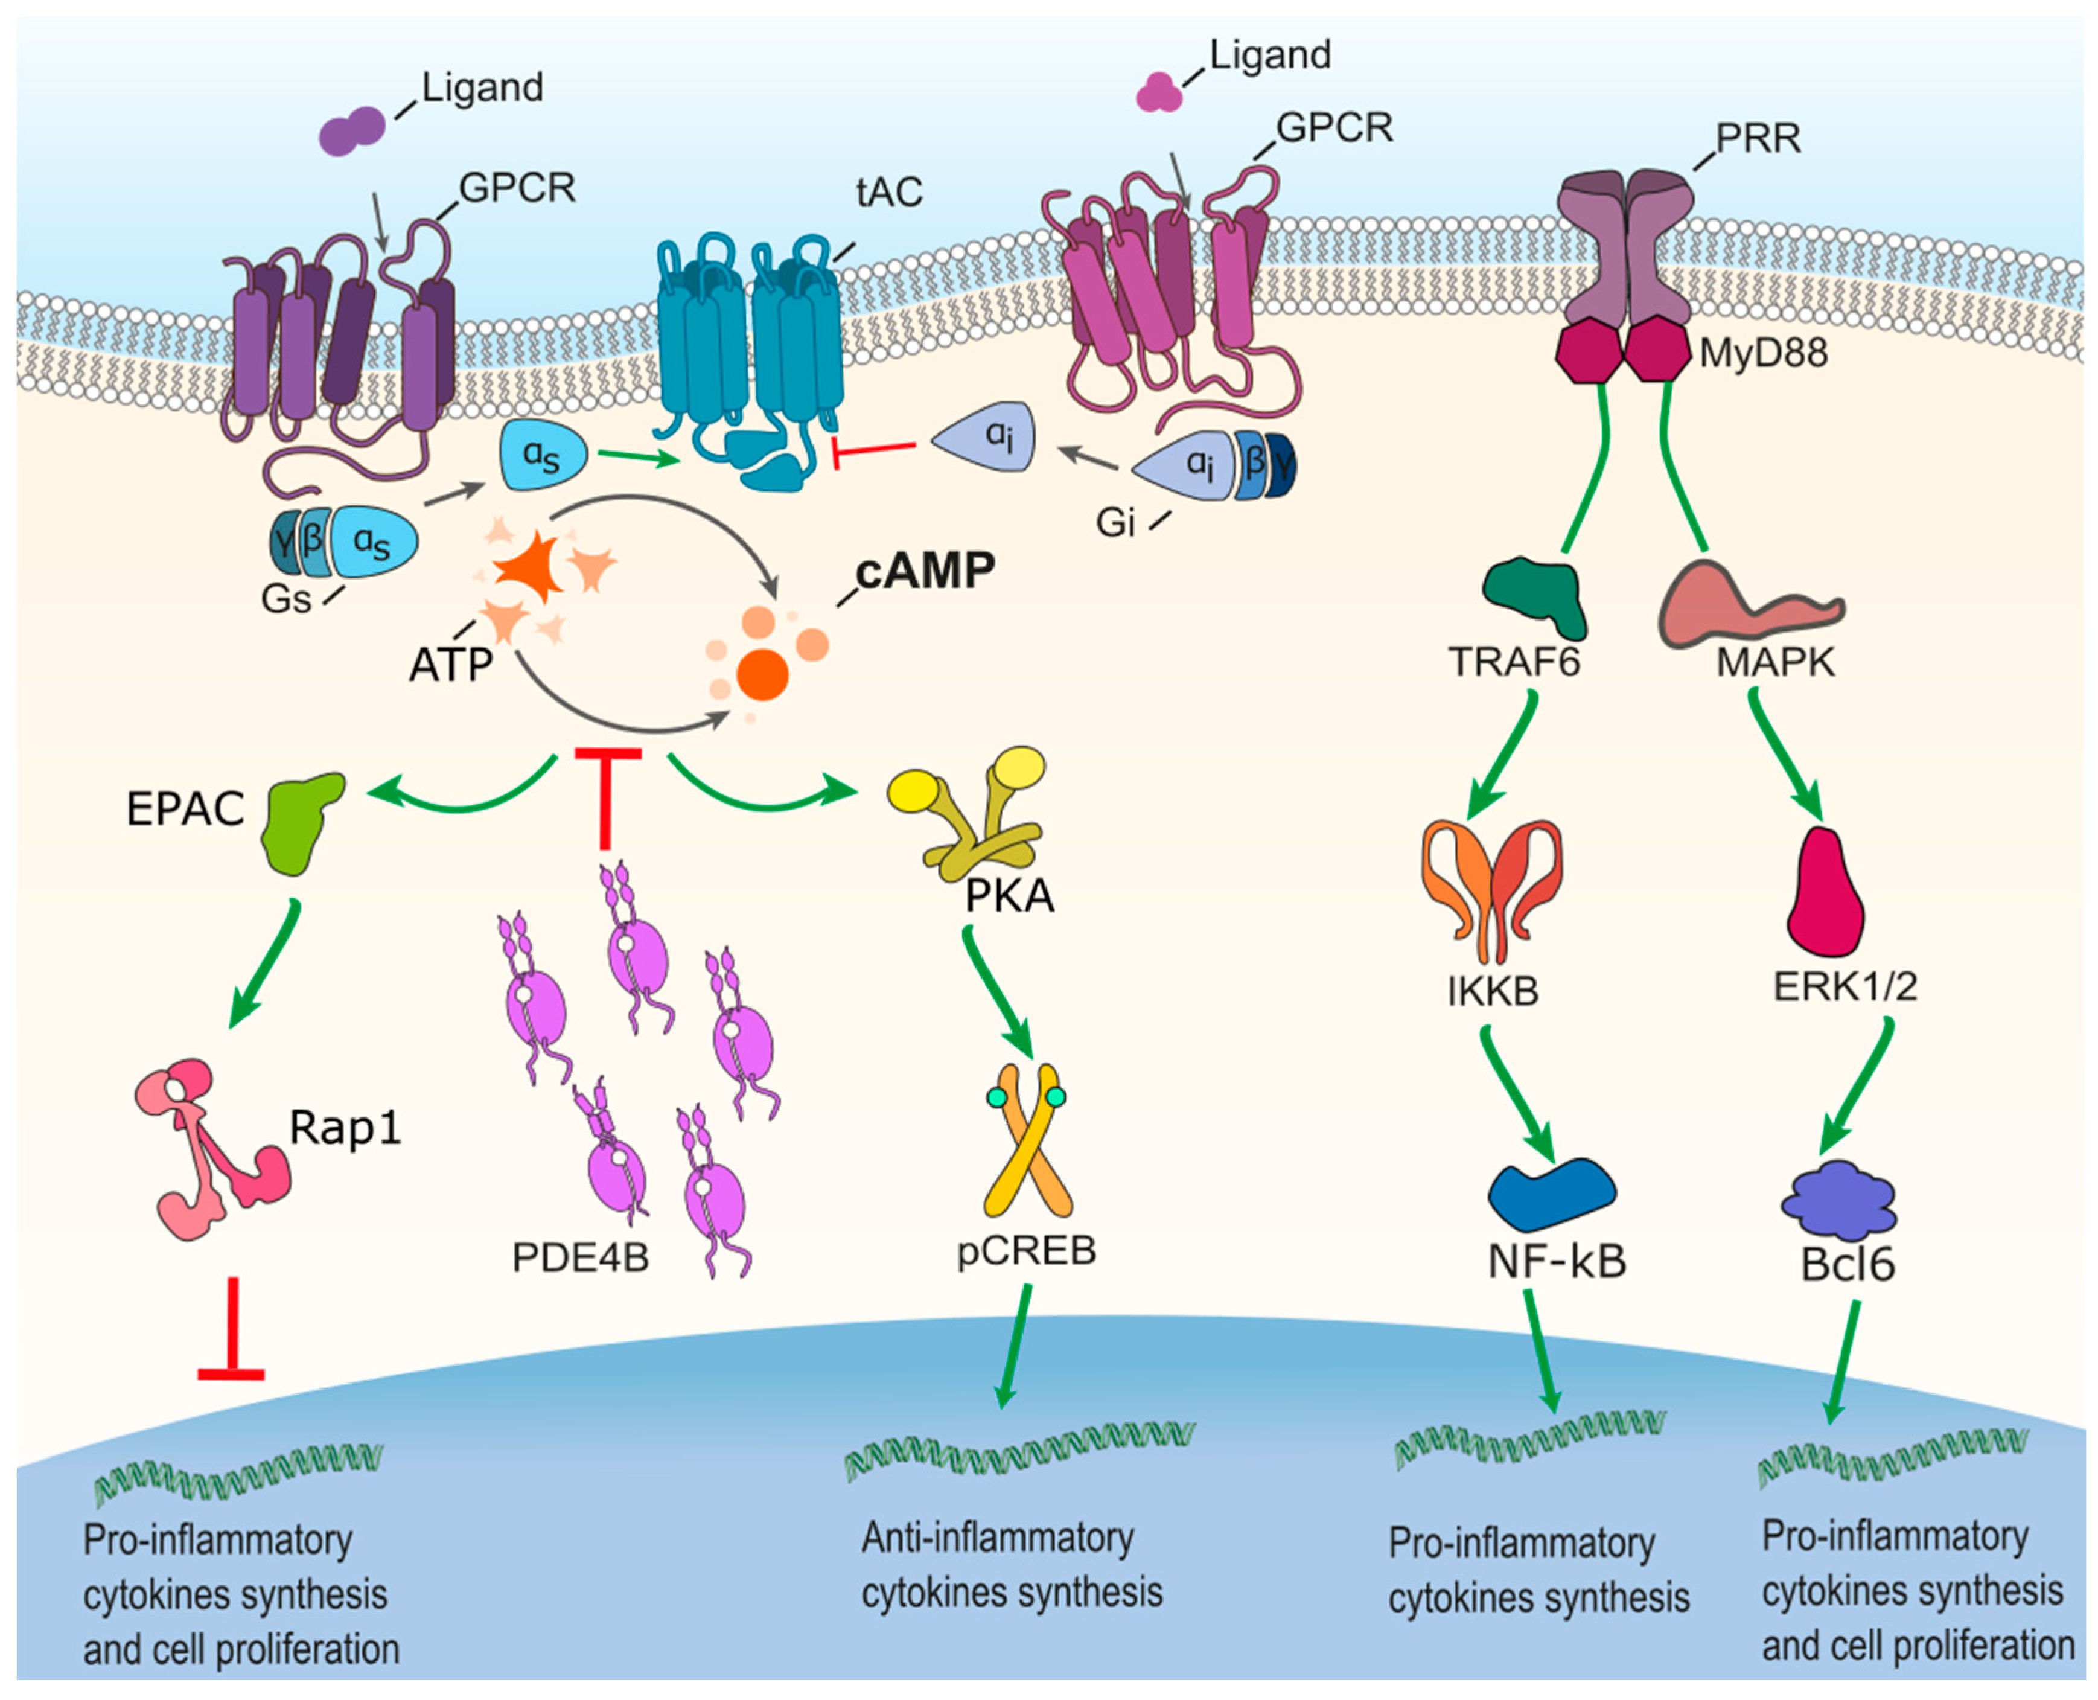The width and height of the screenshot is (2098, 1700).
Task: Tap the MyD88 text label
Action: pos(1762,353)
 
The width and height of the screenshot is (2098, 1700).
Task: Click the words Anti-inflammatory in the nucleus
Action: pos(996,1538)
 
